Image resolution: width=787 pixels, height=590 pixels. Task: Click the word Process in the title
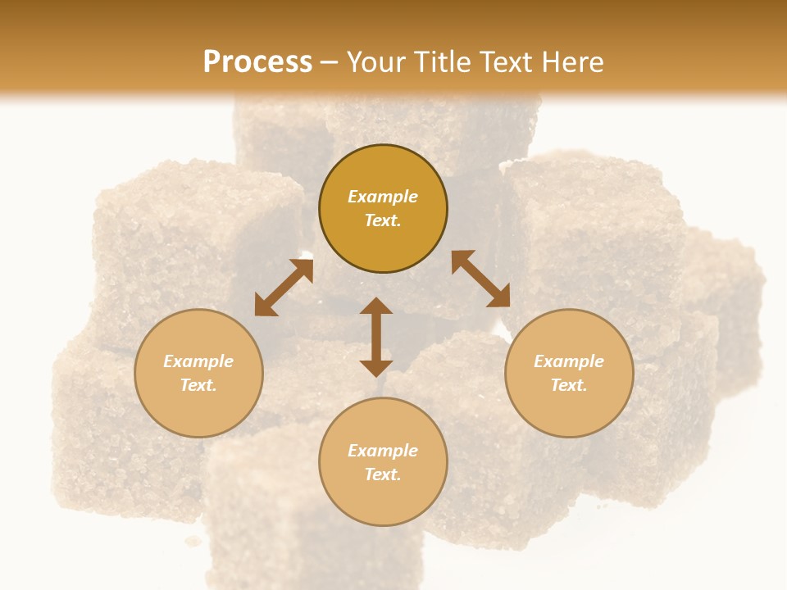point(257,62)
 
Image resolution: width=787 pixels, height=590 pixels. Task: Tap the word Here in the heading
point(571,62)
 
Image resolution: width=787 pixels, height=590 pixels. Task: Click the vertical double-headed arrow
point(376,337)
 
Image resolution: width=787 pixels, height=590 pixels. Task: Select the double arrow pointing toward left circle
point(284,288)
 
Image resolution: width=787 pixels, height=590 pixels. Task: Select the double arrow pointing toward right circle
point(480,279)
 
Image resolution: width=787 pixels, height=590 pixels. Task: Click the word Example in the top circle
point(383,197)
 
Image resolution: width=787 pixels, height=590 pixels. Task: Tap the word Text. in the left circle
point(198,385)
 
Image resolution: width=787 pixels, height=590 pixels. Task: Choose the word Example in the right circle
point(569,361)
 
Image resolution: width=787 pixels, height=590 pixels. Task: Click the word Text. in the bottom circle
point(383,474)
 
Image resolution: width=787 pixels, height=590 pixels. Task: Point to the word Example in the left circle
point(198,361)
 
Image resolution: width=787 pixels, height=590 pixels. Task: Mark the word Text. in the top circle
point(383,220)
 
